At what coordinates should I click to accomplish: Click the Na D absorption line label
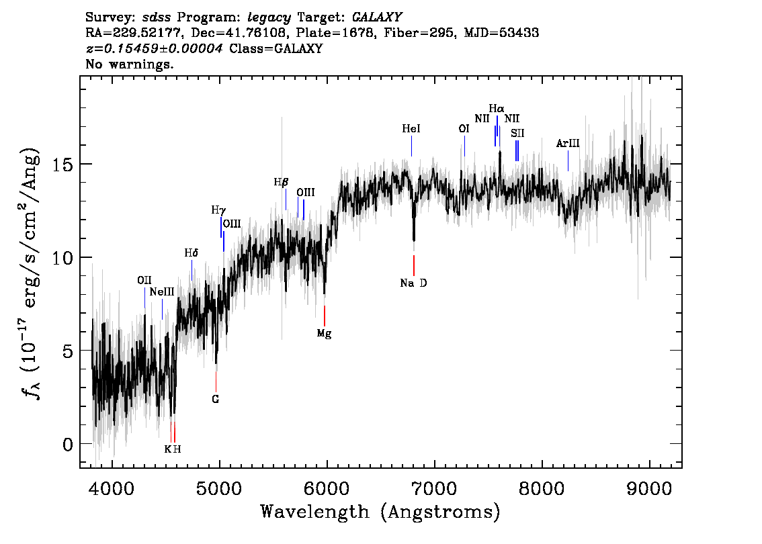(x=413, y=283)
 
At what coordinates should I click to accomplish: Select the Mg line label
(x=324, y=333)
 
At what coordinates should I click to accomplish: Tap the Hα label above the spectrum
(x=497, y=108)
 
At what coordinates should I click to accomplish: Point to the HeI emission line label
(x=411, y=128)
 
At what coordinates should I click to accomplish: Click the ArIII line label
(x=568, y=144)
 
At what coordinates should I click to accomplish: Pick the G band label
(x=216, y=399)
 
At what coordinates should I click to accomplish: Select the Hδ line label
(x=192, y=253)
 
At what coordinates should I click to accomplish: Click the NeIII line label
(x=162, y=291)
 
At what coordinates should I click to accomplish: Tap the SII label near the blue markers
(x=517, y=133)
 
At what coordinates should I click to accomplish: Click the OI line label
(x=464, y=128)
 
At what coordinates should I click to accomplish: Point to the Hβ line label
(x=281, y=182)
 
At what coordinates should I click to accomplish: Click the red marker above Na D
(x=414, y=265)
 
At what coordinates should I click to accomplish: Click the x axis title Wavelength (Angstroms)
(x=380, y=512)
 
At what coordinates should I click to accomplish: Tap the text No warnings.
(x=130, y=64)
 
